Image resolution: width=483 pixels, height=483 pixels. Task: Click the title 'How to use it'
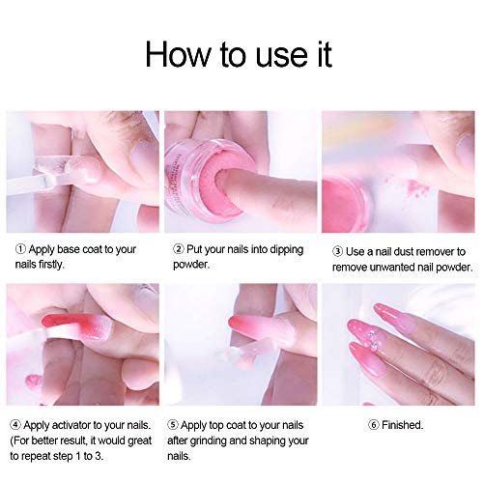click(x=239, y=53)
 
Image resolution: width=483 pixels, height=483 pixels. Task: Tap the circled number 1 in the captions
click(x=14, y=248)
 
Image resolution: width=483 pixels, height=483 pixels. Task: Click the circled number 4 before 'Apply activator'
click(x=14, y=423)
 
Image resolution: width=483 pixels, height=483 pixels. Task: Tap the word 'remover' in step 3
click(x=439, y=248)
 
